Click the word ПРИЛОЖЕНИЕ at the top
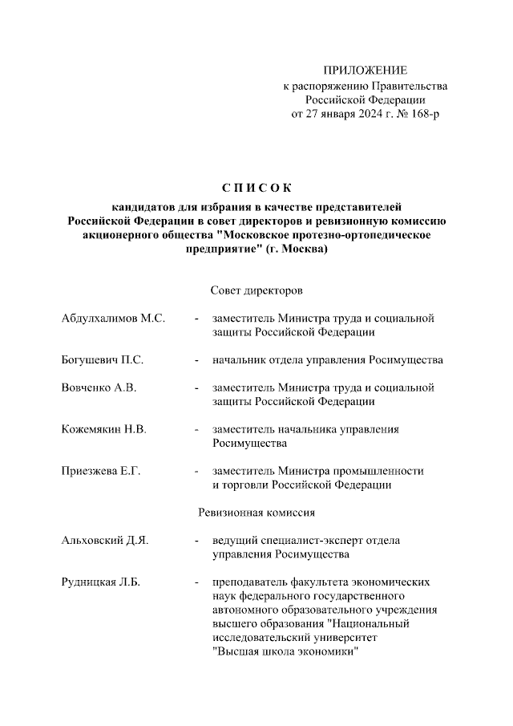pyautogui.click(x=365, y=71)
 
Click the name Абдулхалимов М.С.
pyautogui.click(x=113, y=318)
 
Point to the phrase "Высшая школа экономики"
pyautogui.click(x=284, y=651)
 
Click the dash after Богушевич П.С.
pyautogui.click(x=196, y=360)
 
